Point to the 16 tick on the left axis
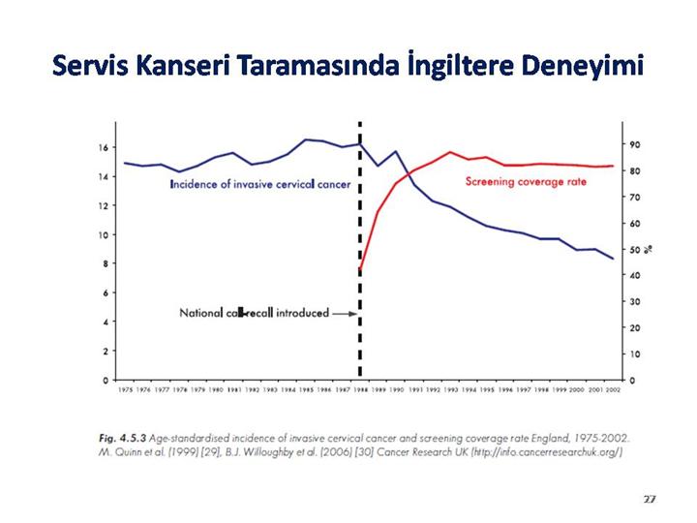click(102, 148)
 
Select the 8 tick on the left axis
click(103, 264)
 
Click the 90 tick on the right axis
click(634, 144)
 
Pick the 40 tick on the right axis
click(634, 276)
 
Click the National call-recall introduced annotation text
click(255, 313)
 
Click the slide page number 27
click(650, 498)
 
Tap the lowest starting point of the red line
click(360, 268)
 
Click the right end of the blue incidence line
click(613, 259)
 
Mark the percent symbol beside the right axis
click(650, 249)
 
